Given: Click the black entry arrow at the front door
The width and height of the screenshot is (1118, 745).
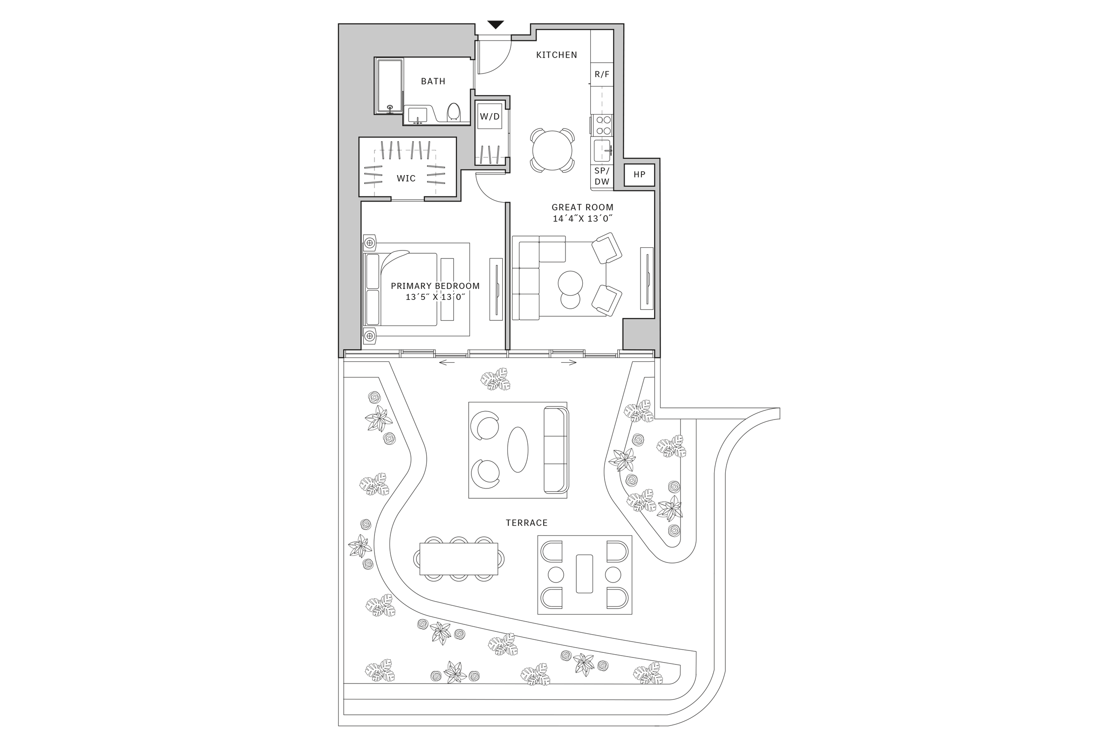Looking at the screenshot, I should coord(495,25).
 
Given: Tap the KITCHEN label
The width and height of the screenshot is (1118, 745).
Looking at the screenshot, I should coord(556,55).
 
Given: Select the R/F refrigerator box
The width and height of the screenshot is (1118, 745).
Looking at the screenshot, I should coord(602,74).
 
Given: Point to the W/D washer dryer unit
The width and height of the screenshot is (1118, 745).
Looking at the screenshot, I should coord(490,116).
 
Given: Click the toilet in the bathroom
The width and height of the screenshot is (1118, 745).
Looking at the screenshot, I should coord(453,112).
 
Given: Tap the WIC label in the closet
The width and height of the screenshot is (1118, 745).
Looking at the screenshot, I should coord(406,179).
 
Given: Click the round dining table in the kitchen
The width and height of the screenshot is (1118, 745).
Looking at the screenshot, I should coord(552,150).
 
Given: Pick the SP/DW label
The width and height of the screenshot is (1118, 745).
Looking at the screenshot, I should coord(602,176).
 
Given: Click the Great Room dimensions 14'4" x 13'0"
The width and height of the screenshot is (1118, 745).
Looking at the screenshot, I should coord(582,218).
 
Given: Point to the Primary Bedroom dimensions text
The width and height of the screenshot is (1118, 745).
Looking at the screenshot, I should coord(435,297).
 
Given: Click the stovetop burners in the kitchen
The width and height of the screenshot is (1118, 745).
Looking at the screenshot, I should coord(603,125).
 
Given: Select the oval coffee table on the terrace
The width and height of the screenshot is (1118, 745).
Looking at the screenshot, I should coord(518,449).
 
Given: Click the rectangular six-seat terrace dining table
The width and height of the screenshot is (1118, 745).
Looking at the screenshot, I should coord(458,559).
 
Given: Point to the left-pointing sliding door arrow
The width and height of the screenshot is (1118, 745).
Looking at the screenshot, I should coord(446,363).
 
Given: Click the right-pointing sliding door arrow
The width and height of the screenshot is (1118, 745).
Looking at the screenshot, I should coord(569,363).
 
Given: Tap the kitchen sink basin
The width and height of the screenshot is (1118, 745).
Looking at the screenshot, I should coord(601,150).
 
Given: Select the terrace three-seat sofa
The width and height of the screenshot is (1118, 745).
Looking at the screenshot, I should coord(556,449).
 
